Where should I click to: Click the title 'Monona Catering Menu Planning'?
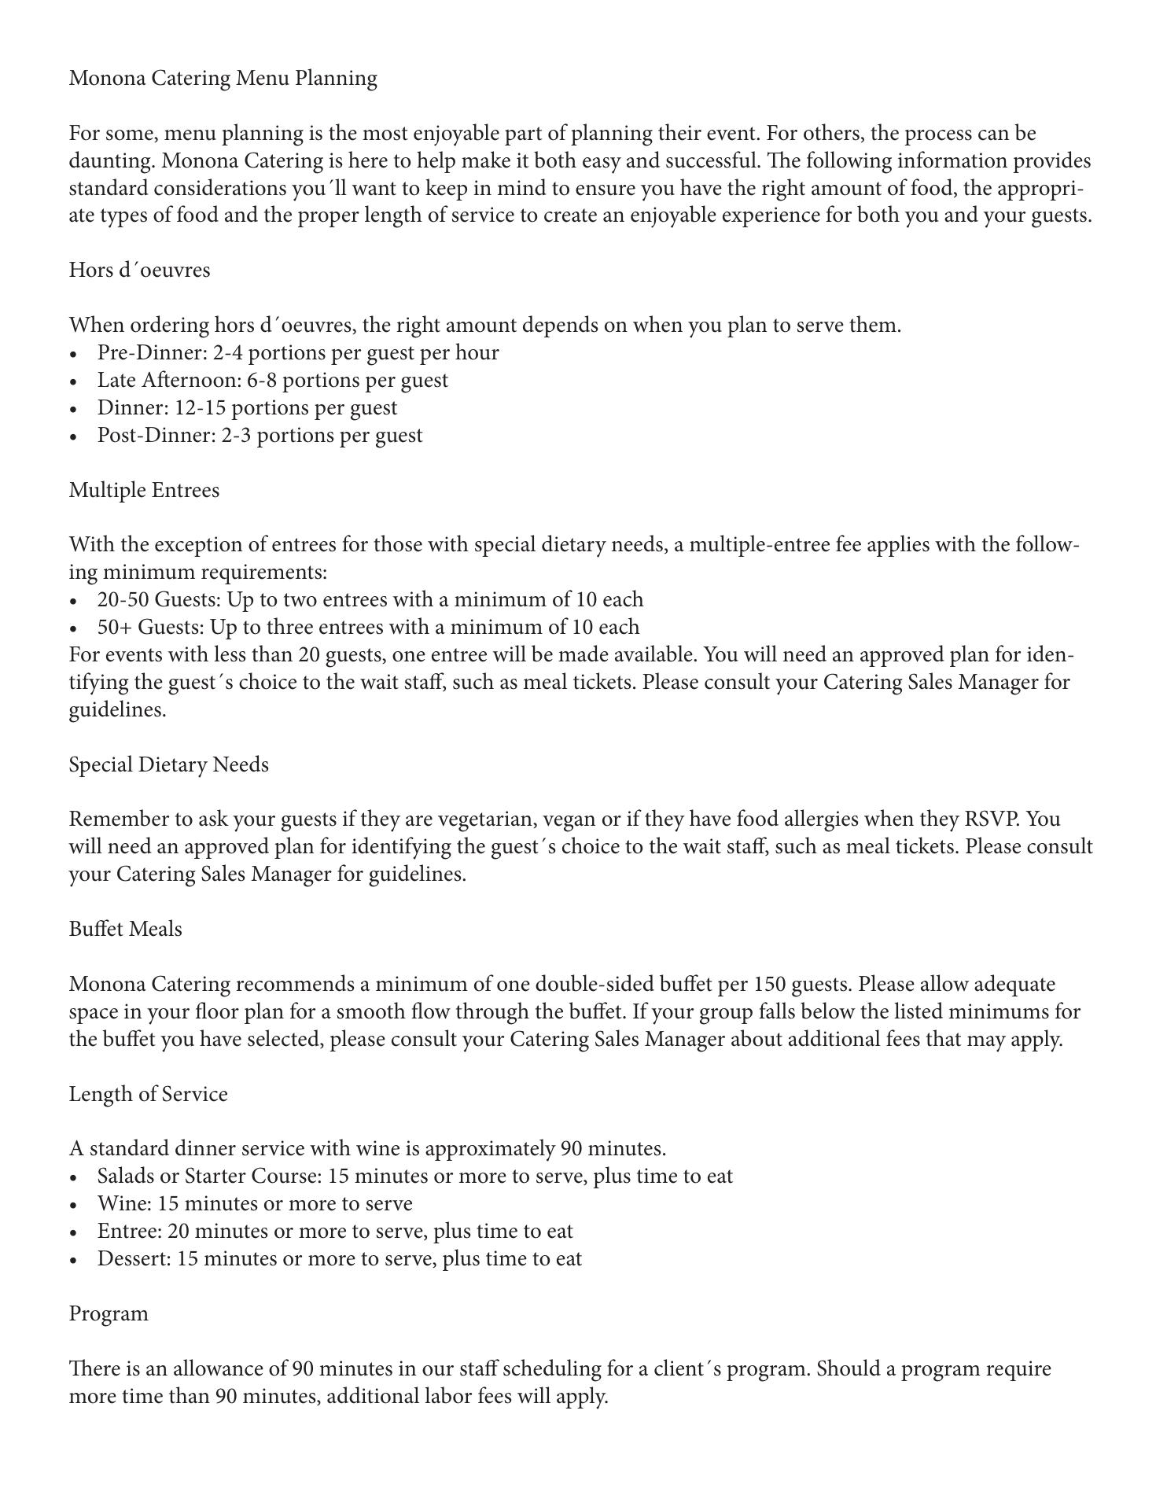(223, 78)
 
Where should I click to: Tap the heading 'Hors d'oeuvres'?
(139, 270)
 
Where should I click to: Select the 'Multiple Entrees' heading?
(144, 490)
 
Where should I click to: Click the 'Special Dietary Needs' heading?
(168, 764)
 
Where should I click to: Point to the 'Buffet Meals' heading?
(125, 929)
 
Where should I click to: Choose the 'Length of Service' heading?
(148, 1094)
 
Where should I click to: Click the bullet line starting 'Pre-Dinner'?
(297, 352)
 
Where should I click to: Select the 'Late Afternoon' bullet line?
(272, 380)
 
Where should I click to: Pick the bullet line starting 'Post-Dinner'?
(260, 435)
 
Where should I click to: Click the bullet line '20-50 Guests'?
(370, 599)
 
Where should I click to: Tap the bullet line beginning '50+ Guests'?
(368, 627)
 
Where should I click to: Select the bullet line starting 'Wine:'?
(254, 1203)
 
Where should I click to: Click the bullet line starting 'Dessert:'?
(339, 1258)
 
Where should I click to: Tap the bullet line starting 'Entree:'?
(335, 1231)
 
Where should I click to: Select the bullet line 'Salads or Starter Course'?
(414, 1176)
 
